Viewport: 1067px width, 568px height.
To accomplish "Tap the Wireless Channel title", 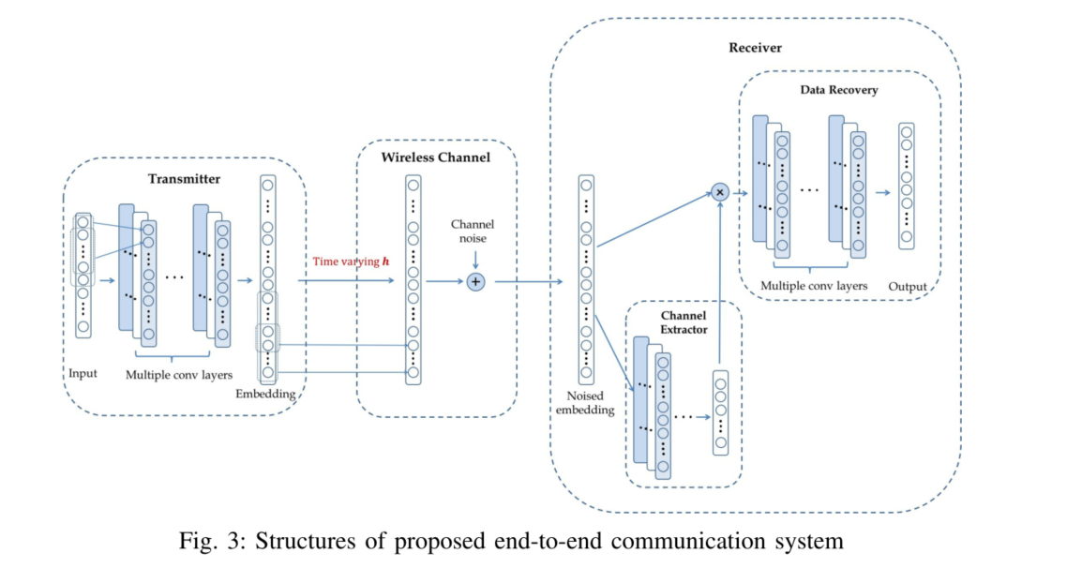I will pos(435,157).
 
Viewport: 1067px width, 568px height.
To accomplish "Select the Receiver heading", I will pos(755,48).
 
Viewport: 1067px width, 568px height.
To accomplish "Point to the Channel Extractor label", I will pos(684,321).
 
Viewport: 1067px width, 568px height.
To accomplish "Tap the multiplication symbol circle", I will pos(720,191).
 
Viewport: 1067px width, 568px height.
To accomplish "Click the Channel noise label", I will pos(473,231).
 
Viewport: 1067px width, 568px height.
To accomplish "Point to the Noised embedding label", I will pos(586,403).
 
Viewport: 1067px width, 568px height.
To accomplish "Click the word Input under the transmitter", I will pos(83,373).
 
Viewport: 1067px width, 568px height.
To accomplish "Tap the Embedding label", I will pos(267,395).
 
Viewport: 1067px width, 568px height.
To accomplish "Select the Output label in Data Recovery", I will pos(907,286).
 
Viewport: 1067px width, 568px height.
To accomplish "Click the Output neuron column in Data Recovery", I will pos(906,186).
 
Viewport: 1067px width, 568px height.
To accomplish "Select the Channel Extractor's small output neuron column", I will pos(720,412).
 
